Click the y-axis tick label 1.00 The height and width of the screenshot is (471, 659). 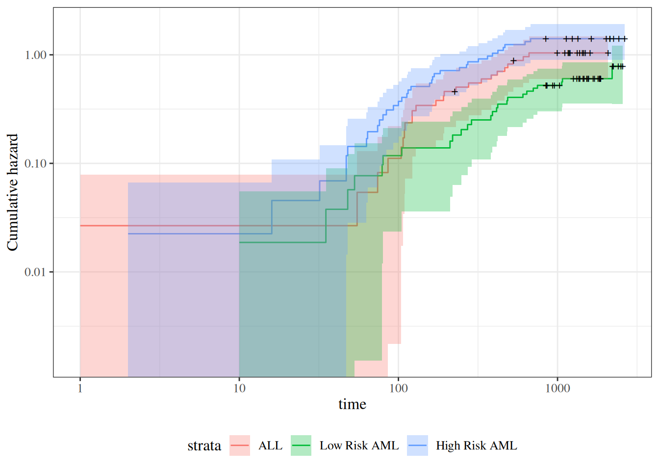click(x=35, y=55)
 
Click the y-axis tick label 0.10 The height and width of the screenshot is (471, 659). click(x=35, y=163)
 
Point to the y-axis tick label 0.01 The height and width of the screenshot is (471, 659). click(x=35, y=272)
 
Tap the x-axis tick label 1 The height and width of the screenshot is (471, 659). click(x=80, y=389)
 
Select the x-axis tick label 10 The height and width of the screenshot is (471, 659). click(x=239, y=389)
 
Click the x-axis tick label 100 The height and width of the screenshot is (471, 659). click(x=398, y=389)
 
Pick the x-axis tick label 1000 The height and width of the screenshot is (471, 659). click(x=558, y=389)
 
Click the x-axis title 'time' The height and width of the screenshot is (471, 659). click(x=352, y=404)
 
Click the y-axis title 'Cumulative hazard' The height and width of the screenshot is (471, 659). click(x=12, y=192)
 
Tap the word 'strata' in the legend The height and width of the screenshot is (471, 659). click(x=204, y=446)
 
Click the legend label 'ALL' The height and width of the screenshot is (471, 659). click(x=270, y=445)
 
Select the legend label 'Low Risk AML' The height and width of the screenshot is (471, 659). click(x=359, y=445)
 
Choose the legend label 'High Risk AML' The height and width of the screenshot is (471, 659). click(x=476, y=445)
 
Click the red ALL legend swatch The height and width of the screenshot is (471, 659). click(x=240, y=445)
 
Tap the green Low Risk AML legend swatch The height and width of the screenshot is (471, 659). click(x=301, y=445)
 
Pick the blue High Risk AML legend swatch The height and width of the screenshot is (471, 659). click(x=417, y=445)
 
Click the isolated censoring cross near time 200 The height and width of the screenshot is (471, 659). click(x=455, y=92)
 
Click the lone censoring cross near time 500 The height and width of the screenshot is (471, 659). click(x=513, y=61)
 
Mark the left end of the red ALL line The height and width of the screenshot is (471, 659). click(x=80, y=226)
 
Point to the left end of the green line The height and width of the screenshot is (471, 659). click(x=240, y=242)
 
